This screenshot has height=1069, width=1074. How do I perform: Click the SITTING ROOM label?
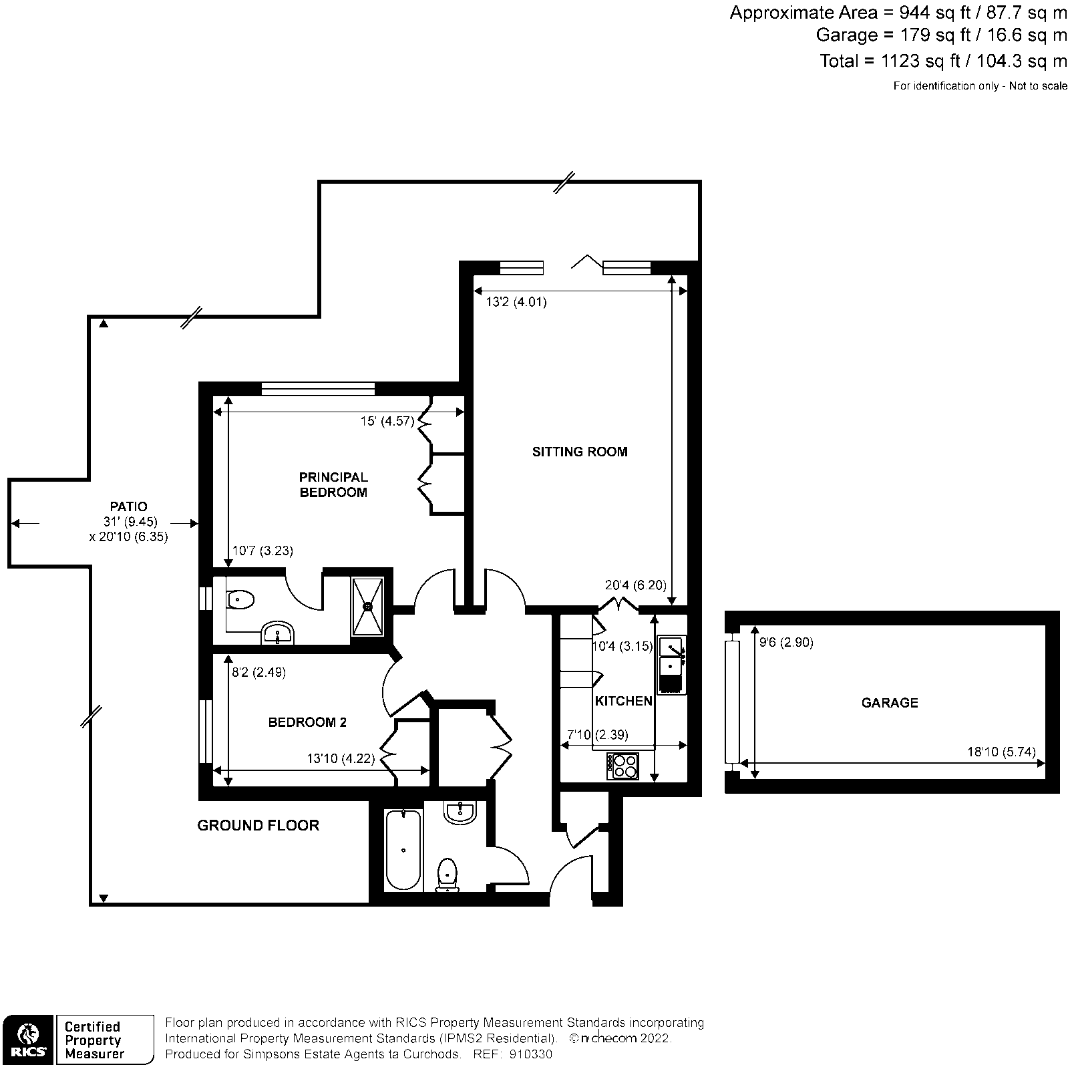click(x=579, y=452)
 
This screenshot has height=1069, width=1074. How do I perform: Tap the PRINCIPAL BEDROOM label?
click(x=333, y=485)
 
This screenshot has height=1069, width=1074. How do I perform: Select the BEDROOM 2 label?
click(x=307, y=722)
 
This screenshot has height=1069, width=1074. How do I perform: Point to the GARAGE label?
click(x=889, y=703)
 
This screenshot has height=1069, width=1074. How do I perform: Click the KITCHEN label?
click(x=623, y=701)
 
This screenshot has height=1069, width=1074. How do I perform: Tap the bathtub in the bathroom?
click(x=403, y=850)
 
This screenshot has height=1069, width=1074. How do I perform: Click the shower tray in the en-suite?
click(x=368, y=606)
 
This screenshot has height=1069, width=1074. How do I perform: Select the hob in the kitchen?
click(x=622, y=766)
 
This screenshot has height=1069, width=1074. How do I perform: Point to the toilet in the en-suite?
click(x=239, y=600)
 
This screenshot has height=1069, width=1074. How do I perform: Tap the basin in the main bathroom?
click(x=460, y=813)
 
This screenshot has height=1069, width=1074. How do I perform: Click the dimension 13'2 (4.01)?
click(x=516, y=302)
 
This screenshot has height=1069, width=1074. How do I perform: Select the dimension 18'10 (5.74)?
click(x=1001, y=752)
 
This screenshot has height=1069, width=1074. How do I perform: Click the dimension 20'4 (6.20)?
click(x=635, y=585)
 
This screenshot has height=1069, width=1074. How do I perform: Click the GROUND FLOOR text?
click(x=258, y=825)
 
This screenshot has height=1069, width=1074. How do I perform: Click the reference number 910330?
click(x=530, y=1054)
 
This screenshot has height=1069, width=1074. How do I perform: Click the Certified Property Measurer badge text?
click(x=94, y=1040)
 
